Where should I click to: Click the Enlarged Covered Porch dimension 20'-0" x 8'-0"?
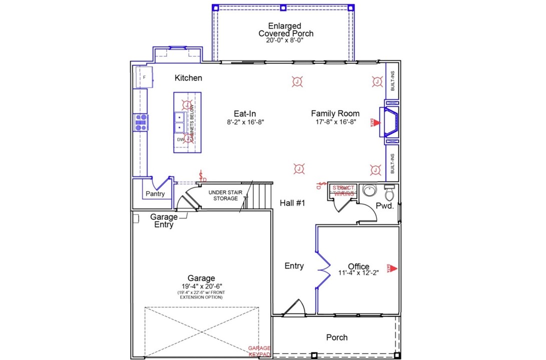pyautogui.click(x=285, y=40)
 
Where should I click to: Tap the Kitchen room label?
pyautogui.click(x=188, y=78)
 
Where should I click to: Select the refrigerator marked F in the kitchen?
pyautogui.click(x=144, y=78)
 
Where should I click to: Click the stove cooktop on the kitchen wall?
pyautogui.click(x=141, y=122)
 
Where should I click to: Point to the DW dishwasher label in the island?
pyautogui.click(x=180, y=140)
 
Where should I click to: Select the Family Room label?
pyautogui.click(x=335, y=113)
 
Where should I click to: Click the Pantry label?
pyautogui.click(x=155, y=194)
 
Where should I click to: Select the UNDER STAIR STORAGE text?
pyautogui.click(x=223, y=195)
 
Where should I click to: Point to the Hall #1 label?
pyautogui.click(x=293, y=203)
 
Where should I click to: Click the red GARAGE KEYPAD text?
pyautogui.click(x=260, y=351)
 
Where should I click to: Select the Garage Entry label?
pyautogui.click(x=164, y=221)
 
